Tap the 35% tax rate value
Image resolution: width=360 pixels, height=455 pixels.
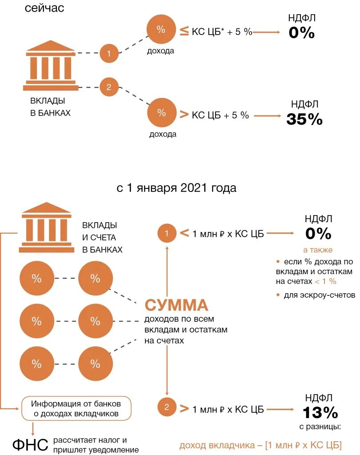tap(304, 119)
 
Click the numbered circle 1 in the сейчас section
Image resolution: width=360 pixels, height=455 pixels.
tap(109, 53)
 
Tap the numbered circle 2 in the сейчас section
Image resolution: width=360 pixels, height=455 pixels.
tap(109, 87)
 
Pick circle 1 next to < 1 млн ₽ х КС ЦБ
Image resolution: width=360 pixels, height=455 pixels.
tap(167, 233)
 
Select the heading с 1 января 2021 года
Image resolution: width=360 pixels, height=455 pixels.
tap(176, 188)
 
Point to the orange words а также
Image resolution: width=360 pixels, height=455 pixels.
tap(318, 250)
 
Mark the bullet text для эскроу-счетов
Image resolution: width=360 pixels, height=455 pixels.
tap(319, 295)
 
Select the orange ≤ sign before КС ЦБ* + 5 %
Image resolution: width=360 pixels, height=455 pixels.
tap(184, 32)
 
